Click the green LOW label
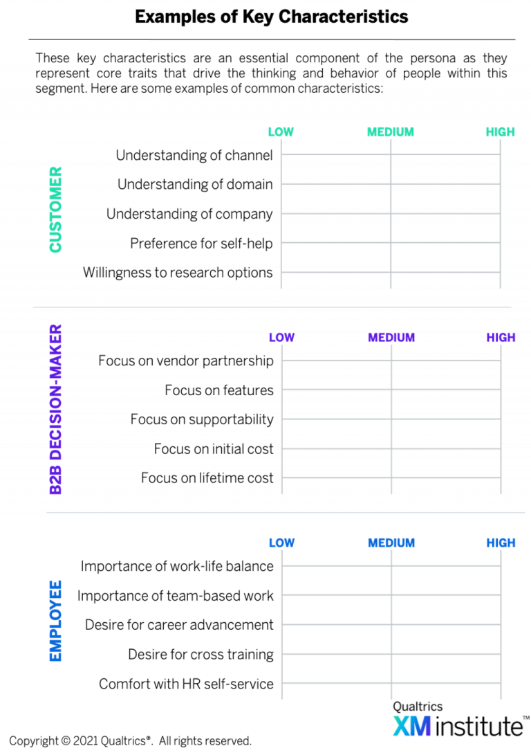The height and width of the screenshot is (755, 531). coord(281,132)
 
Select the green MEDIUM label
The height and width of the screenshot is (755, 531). coord(390,132)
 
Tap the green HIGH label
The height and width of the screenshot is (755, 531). coord(500,132)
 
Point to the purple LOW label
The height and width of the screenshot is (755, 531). coord(282,338)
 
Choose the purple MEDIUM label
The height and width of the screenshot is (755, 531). coord(391,338)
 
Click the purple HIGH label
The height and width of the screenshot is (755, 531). coord(501,338)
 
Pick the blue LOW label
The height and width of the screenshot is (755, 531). coord(282,543)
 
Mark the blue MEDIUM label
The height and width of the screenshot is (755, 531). coord(391,543)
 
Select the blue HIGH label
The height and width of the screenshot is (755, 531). coord(501,543)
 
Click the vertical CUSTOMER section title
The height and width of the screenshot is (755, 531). coord(55,209)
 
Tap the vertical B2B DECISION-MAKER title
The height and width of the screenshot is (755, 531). coord(55,409)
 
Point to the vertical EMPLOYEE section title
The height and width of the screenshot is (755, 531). coord(55,621)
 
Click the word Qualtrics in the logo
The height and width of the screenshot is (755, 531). coord(418,707)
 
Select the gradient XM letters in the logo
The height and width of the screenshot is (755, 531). coord(412,726)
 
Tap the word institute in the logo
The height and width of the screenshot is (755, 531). coord(478,727)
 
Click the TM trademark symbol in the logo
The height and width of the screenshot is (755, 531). coord(525,718)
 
